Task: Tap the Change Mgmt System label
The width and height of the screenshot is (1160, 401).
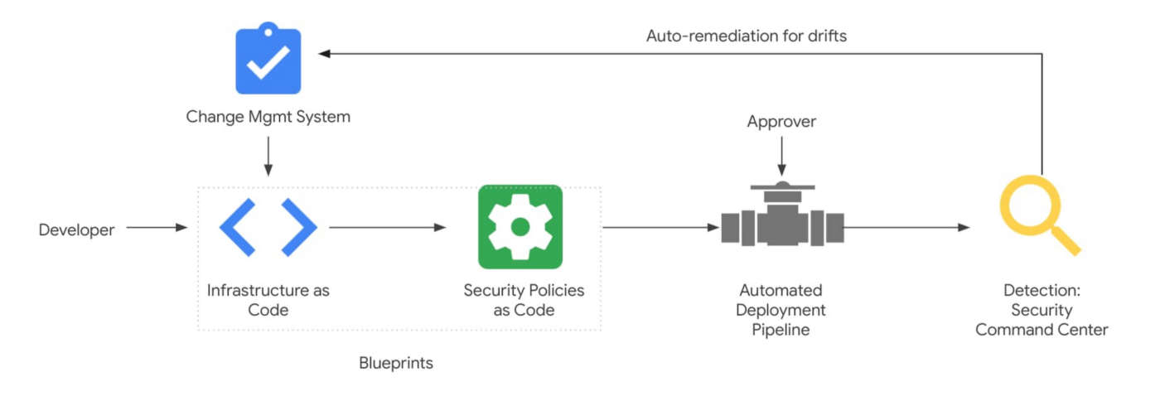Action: (x=268, y=117)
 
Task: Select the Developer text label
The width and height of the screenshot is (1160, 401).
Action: (x=76, y=229)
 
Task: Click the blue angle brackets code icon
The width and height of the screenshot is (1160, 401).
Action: (x=268, y=227)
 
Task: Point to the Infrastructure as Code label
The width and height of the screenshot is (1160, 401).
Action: (x=268, y=300)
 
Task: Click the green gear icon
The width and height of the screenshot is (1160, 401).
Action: (x=520, y=227)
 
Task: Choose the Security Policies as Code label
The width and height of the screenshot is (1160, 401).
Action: (x=524, y=300)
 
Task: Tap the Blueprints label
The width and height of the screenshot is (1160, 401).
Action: (x=395, y=363)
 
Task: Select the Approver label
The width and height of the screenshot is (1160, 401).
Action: (x=781, y=122)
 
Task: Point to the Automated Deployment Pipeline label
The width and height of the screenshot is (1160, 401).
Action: (x=781, y=310)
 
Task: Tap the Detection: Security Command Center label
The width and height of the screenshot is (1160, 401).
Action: (x=1041, y=310)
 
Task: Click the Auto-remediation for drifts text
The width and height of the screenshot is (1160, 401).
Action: (x=746, y=36)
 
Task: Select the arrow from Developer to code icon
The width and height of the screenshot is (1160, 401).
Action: (x=157, y=227)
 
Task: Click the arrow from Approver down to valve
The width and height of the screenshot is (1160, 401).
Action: (x=781, y=157)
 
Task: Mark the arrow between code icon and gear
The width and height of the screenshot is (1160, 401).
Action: (x=388, y=227)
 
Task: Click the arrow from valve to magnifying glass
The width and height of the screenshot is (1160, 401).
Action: (x=906, y=227)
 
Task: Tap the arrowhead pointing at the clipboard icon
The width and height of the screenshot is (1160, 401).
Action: (x=325, y=54)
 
